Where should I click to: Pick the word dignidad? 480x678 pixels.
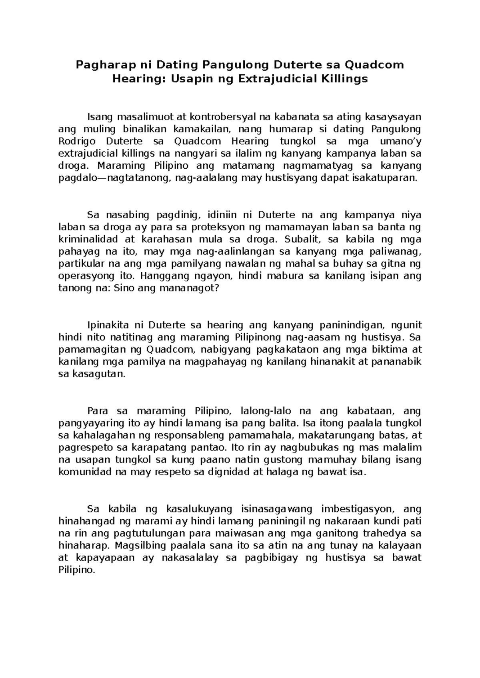(x=228, y=472)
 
